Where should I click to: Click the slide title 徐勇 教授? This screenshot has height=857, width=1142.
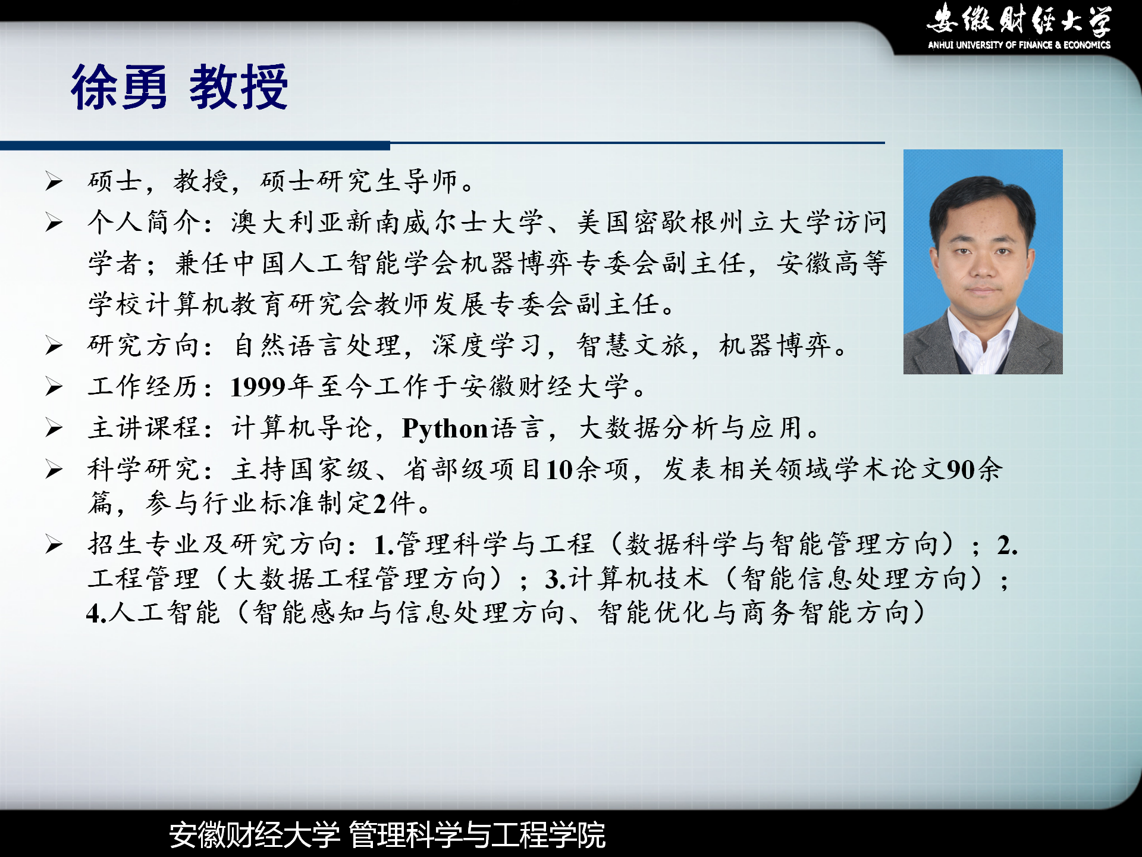click(x=179, y=87)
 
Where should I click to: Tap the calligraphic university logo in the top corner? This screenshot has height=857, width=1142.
click(x=1019, y=20)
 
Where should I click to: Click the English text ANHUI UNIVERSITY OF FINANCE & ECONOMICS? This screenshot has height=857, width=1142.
click(x=1019, y=45)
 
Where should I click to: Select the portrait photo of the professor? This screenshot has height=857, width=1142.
click(x=983, y=262)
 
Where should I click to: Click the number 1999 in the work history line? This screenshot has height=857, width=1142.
click(x=258, y=387)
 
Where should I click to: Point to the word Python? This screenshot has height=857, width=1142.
click(x=445, y=428)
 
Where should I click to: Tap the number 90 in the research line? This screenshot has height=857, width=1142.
click(x=961, y=470)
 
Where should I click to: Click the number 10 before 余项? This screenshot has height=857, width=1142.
click(x=560, y=470)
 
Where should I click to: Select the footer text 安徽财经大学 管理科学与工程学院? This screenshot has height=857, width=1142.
click(x=387, y=834)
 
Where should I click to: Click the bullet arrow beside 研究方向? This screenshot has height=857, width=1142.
click(x=54, y=346)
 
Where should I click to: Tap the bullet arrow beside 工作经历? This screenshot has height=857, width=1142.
click(x=54, y=387)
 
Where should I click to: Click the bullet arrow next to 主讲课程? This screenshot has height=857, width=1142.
click(x=54, y=428)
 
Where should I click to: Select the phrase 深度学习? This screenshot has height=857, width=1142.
click(x=487, y=346)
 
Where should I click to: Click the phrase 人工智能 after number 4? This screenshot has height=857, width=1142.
click(x=165, y=612)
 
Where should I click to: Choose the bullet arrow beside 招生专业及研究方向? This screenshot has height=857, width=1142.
click(x=54, y=545)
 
